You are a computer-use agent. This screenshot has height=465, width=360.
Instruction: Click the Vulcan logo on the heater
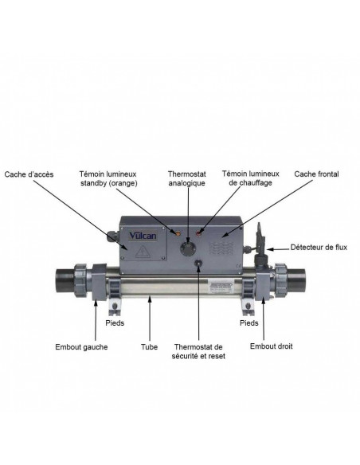click(143, 236)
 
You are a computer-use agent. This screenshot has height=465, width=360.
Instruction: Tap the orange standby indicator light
click(178, 233)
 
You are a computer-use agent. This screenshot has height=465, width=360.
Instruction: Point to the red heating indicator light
click(198, 233)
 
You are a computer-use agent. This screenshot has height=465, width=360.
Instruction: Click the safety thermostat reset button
click(198, 264)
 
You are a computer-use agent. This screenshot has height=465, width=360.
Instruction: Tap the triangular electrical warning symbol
click(143, 252)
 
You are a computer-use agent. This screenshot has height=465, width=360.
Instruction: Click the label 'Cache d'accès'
click(29, 174)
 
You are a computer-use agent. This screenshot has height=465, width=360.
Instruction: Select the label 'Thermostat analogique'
click(187, 178)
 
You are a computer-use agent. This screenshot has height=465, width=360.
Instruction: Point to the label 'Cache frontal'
click(316, 174)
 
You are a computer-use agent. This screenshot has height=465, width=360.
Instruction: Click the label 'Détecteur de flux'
click(319, 248)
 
